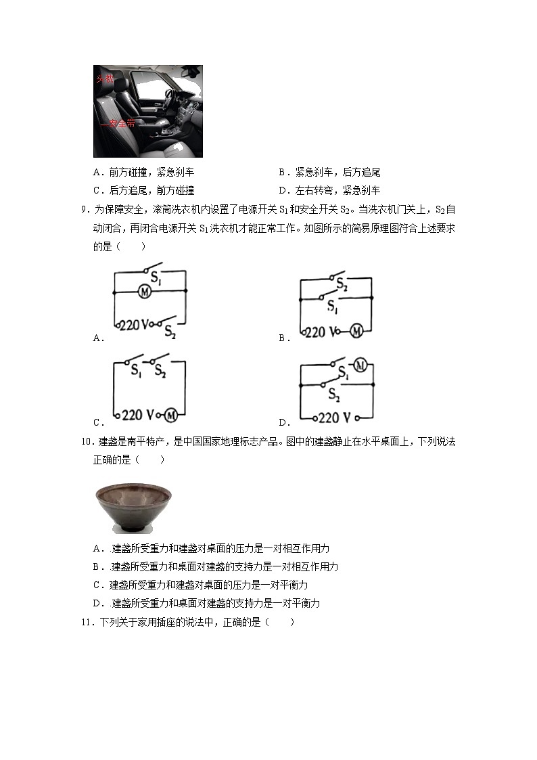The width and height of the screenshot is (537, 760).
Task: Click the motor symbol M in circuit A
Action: coord(144,291)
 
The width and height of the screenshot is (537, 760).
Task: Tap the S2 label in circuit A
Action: coord(169,330)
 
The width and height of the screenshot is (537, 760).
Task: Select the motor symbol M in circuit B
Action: coord(356,331)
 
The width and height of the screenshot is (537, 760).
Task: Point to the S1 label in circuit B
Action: coord(332,307)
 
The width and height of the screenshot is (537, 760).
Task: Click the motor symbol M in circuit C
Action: coord(172,414)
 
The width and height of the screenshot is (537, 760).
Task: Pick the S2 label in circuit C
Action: coord(160,370)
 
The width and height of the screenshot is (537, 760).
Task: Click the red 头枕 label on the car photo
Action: coord(104,79)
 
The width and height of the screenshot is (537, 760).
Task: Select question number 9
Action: coord(84,209)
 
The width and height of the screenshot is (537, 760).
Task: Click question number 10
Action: coord(86,442)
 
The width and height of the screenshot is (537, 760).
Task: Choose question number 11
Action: coord(86,622)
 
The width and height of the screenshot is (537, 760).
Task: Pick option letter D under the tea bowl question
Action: coord(97,603)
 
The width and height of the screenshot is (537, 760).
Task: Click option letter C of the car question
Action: coord(97,190)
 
